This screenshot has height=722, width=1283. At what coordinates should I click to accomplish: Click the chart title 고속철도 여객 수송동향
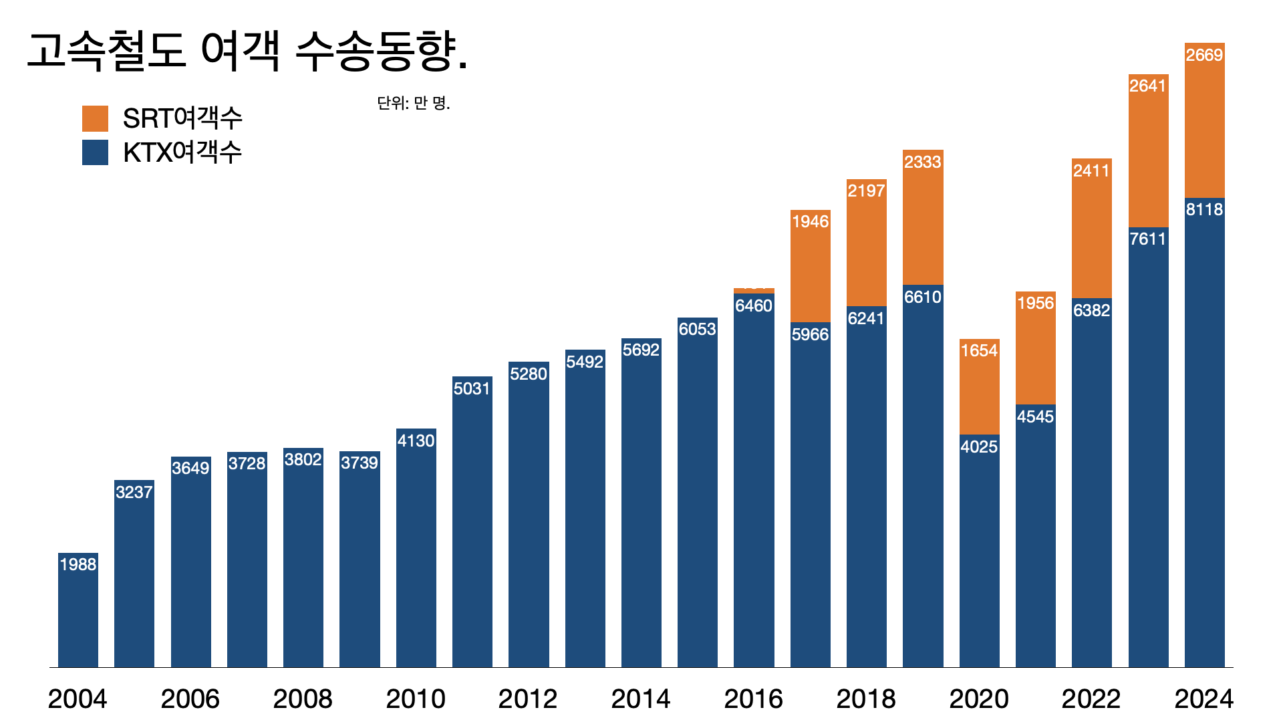tap(247, 52)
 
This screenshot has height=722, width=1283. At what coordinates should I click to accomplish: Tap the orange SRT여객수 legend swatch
tap(95, 118)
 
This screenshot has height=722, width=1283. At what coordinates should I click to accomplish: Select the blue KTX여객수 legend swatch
tap(95, 152)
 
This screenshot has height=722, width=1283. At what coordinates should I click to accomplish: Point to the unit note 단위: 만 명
tap(414, 103)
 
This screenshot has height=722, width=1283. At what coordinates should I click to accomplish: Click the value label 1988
tap(78, 564)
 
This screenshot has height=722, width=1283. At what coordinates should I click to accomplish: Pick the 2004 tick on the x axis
tap(78, 699)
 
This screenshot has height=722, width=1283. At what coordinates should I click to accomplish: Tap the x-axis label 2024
tap(1203, 699)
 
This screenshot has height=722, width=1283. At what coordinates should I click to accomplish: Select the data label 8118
tap(1204, 209)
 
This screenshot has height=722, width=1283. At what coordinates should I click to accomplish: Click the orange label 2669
tap(1204, 55)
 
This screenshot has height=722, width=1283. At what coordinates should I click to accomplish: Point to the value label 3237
tap(134, 492)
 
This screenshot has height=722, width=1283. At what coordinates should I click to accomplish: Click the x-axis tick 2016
tap(753, 699)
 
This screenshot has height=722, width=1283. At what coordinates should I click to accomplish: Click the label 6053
tap(697, 329)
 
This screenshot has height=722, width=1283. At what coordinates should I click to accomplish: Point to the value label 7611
tap(1148, 239)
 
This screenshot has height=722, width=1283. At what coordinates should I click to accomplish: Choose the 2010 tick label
tap(416, 699)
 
